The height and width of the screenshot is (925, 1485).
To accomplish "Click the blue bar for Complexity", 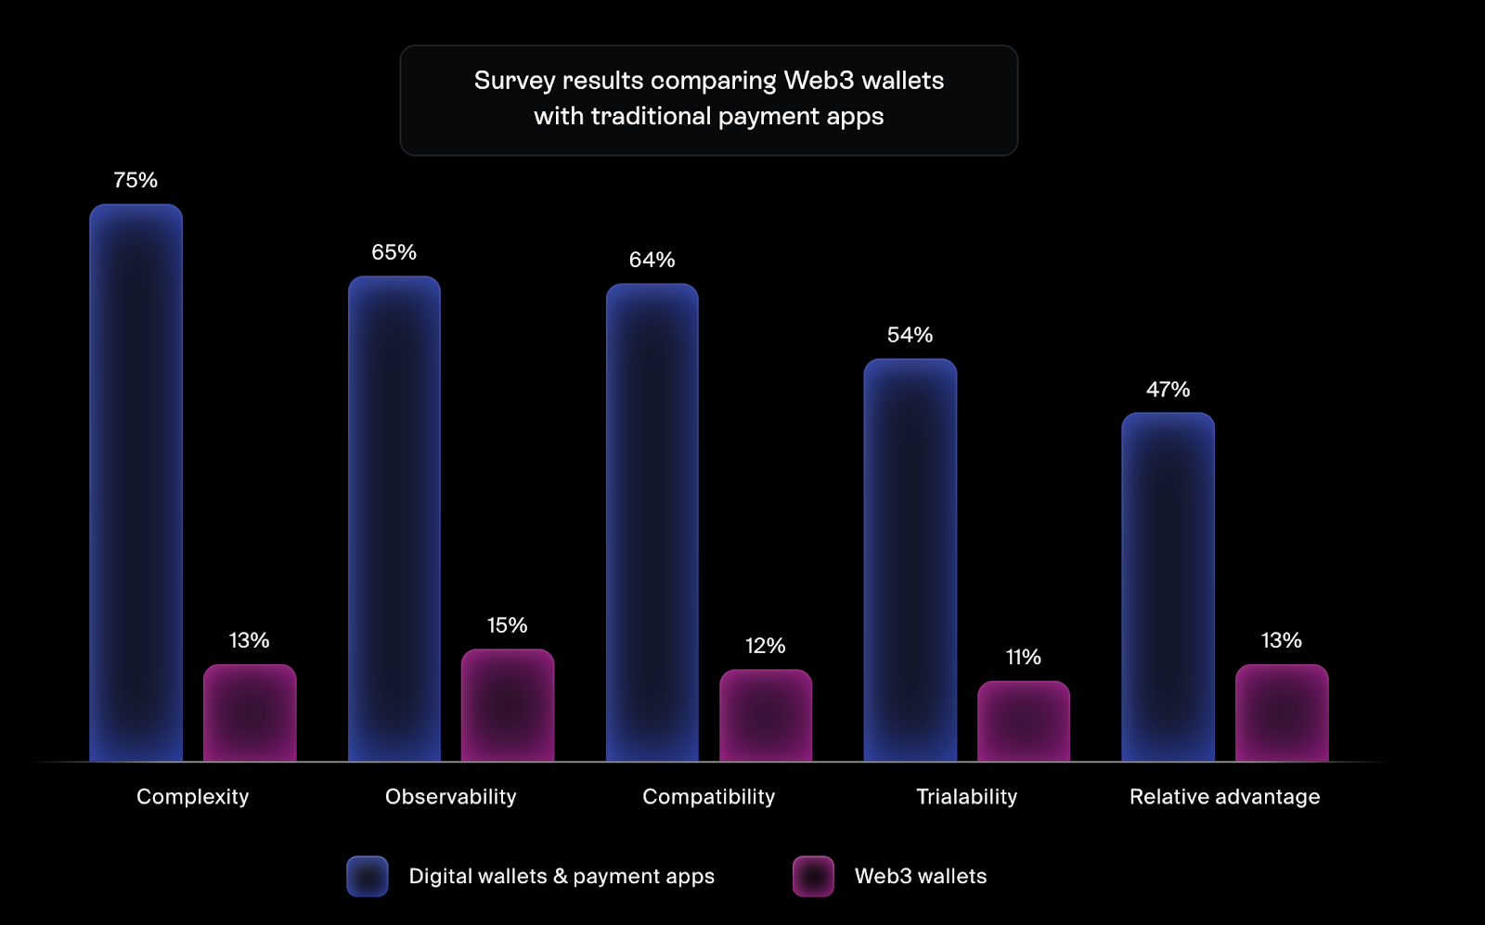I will (x=136, y=482).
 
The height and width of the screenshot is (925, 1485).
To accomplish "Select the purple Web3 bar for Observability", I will (x=508, y=705).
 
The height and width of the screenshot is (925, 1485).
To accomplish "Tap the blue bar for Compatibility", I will (x=652, y=522).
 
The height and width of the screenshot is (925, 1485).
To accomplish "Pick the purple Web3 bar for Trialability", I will (x=1023, y=721).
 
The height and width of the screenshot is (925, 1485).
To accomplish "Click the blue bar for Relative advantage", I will (x=1168, y=586).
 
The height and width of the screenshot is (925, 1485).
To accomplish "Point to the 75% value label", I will (x=136, y=180).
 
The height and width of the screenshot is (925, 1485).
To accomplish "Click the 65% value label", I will (x=394, y=252).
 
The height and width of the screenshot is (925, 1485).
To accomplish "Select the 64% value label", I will (x=652, y=260).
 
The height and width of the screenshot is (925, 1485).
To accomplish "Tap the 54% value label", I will (x=910, y=335).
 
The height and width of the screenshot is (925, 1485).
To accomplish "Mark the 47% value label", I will (x=1168, y=390).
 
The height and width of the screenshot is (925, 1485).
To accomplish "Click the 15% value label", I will (x=508, y=625).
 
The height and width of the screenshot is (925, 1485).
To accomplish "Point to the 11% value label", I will (x=1023, y=658).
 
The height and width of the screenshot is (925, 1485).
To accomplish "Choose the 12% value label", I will (x=766, y=646).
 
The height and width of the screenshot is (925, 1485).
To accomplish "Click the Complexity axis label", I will (x=193, y=797).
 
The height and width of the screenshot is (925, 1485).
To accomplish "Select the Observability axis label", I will (x=450, y=797).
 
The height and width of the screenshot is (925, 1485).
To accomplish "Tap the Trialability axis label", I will (x=966, y=797).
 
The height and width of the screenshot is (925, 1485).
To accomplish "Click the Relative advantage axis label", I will (x=1224, y=797).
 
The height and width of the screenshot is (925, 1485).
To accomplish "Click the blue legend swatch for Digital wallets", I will (x=368, y=876).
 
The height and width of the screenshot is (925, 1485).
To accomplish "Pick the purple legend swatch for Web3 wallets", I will (x=813, y=876).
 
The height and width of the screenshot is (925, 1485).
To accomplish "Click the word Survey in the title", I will (x=514, y=82).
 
